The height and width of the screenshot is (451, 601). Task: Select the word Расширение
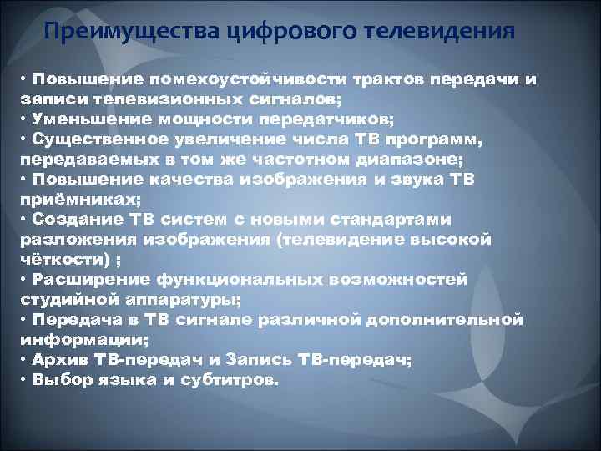pyautogui.click(x=82, y=278)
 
